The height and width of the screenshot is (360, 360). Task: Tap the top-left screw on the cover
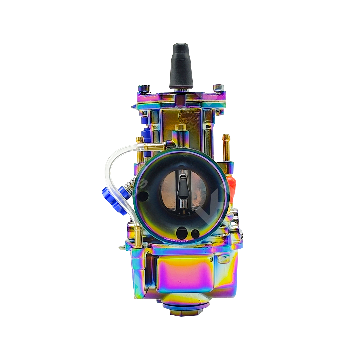click(144, 88)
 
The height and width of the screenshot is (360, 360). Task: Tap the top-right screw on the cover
click(218, 88)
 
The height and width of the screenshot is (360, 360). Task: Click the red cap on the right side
click(231, 187)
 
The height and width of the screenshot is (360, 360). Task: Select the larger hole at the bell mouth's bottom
click(181, 233)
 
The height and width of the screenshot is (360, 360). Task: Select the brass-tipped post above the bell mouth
click(181, 128)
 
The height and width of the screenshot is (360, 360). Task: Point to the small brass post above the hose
click(139, 140)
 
